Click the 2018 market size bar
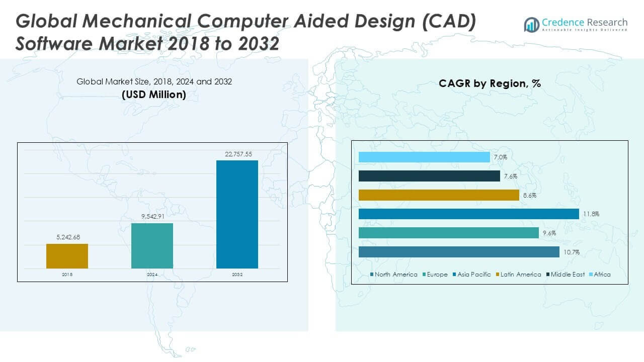(x=67, y=256)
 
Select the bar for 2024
(x=152, y=245)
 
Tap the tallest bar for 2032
(x=237, y=214)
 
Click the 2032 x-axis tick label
(x=237, y=275)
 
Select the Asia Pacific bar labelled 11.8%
(x=468, y=214)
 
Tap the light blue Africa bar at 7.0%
(x=424, y=157)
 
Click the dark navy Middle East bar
(x=429, y=176)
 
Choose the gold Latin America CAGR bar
(x=439, y=195)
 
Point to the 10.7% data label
(x=572, y=252)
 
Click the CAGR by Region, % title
(x=490, y=83)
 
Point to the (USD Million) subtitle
(x=153, y=94)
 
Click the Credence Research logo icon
(x=531, y=24)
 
